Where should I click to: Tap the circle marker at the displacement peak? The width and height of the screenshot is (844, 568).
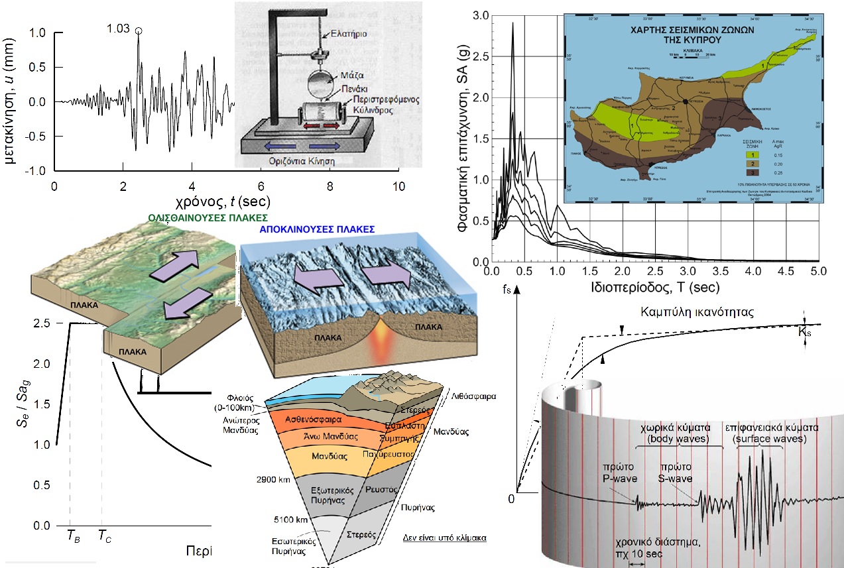click(x=138, y=30)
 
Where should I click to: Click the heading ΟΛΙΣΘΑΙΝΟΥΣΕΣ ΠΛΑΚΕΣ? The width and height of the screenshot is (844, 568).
click(x=208, y=217)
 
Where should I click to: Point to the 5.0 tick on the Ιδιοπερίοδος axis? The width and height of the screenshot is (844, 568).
click(x=818, y=272)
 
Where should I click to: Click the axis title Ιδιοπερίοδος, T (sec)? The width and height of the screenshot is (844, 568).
click(x=652, y=288)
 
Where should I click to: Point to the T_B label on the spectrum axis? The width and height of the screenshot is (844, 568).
click(x=74, y=538)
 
